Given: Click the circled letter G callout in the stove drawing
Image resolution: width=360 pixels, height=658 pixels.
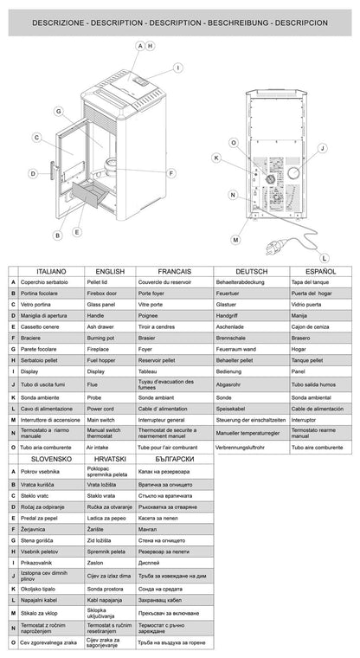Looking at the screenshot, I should [x=57, y=111].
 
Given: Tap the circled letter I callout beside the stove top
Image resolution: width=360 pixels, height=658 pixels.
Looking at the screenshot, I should [x=177, y=67].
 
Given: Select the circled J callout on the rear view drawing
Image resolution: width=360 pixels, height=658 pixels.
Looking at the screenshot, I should [x=322, y=148].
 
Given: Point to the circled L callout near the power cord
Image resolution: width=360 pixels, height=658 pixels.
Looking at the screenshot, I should [x=324, y=257].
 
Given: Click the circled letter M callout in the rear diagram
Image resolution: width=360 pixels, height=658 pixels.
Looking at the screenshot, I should [x=235, y=238].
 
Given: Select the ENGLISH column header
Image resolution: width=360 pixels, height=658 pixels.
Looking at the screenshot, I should [x=110, y=271].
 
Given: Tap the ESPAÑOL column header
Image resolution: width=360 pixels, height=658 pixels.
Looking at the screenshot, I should [x=318, y=271].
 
